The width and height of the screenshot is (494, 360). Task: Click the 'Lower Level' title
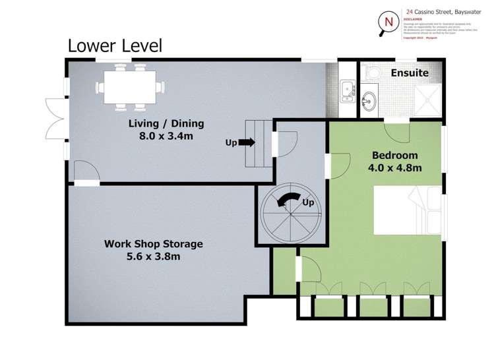(x=115, y=45)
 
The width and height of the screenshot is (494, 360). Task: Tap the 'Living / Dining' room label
(x=166, y=123)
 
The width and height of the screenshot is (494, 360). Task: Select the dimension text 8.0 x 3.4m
(x=166, y=136)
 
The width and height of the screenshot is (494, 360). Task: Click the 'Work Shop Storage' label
(x=153, y=243)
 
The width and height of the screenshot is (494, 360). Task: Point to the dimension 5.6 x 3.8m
(x=153, y=256)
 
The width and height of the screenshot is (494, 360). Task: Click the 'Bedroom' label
(x=394, y=155)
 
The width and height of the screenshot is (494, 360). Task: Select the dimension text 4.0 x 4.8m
(x=394, y=167)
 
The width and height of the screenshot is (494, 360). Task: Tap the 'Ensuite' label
(x=409, y=73)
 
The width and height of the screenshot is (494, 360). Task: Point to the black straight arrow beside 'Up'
(x=247, y=142)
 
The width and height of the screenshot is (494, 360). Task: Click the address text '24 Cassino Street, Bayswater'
(x=446, y=11)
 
